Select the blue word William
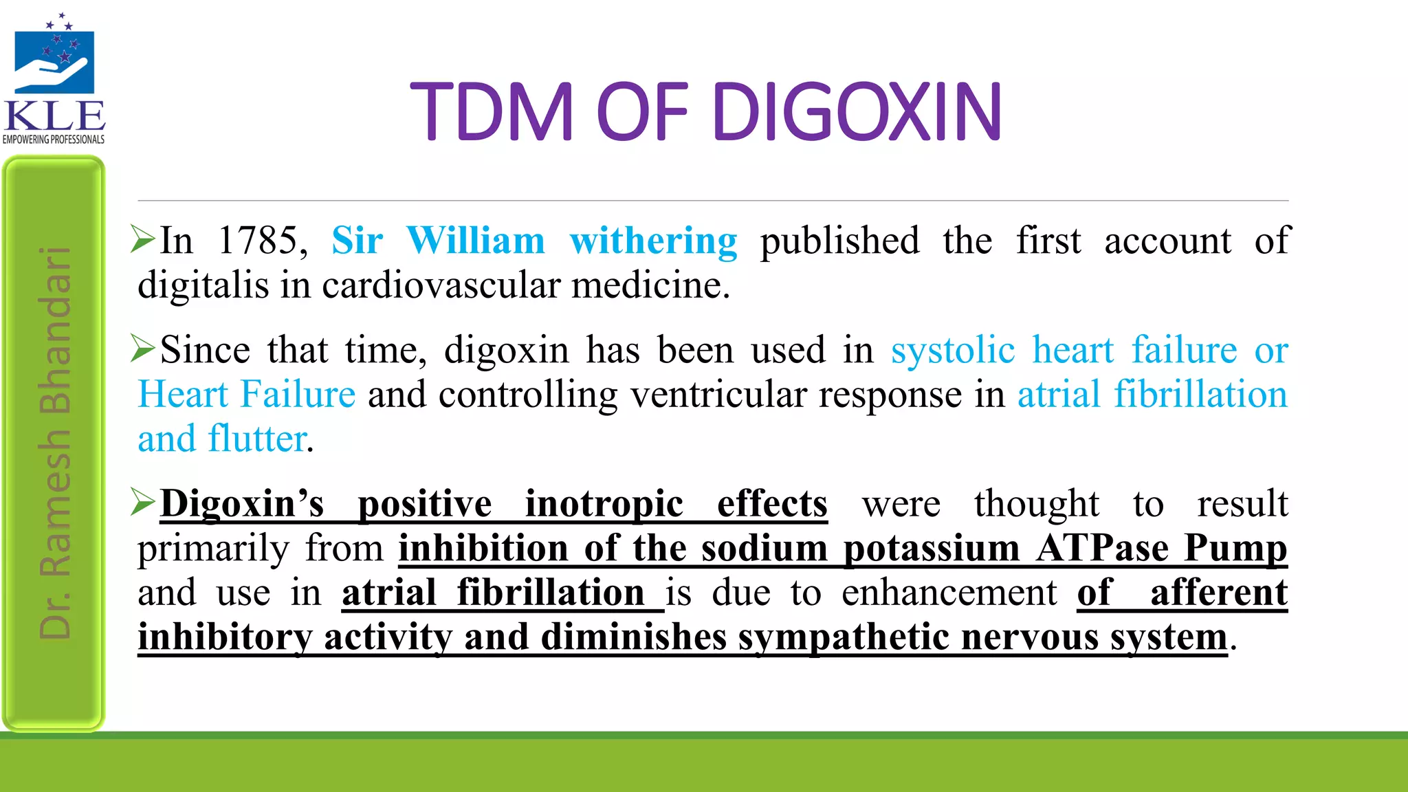point(476,241)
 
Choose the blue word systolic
point(953,351)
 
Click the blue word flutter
point(257,439)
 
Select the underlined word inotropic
point(604,505)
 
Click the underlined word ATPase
point(1102,549)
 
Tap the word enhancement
point(949,593)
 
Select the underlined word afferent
point(1218,593)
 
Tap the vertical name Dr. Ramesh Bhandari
point(55,443)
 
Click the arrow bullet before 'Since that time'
point(144,349)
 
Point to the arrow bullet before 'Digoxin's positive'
point(144,503)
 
